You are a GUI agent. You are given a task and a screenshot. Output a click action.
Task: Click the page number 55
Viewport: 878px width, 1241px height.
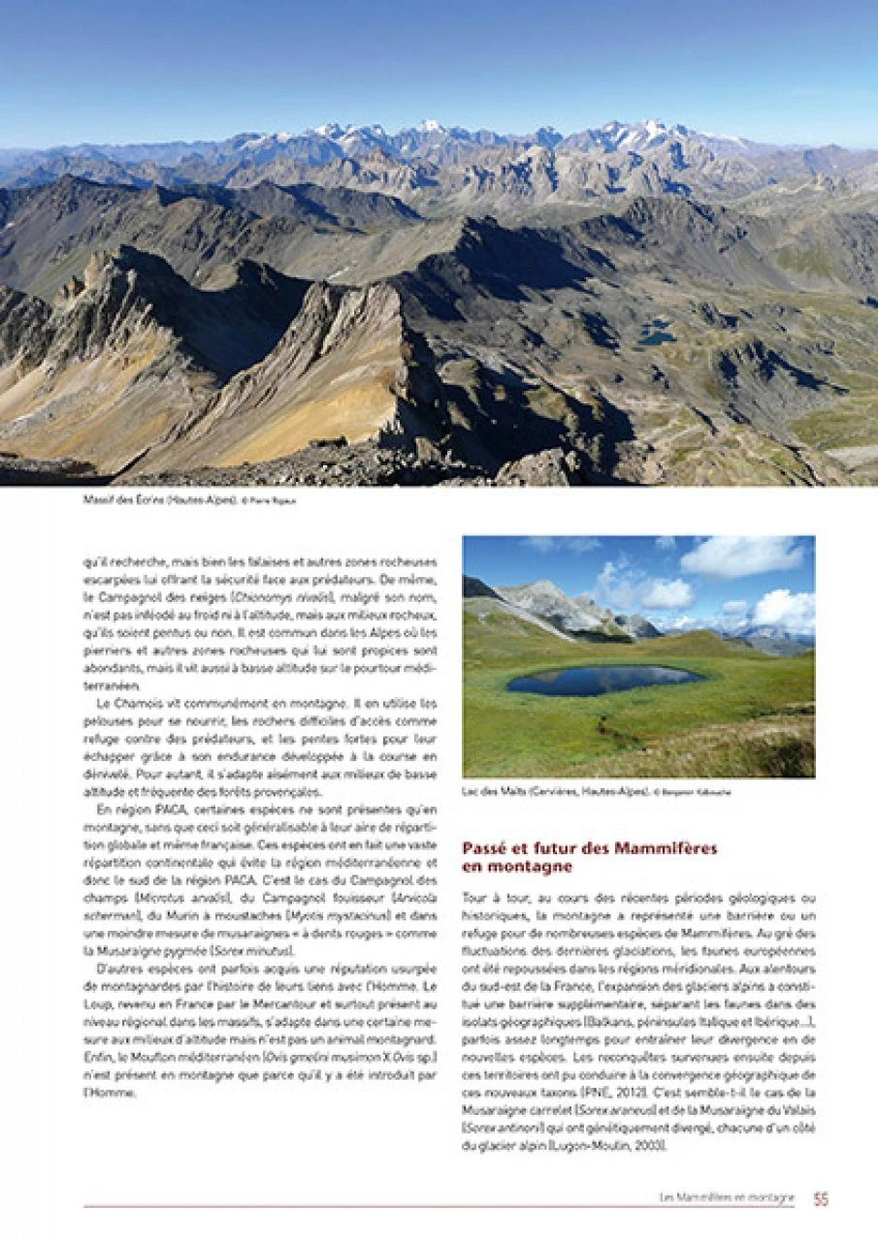821,1199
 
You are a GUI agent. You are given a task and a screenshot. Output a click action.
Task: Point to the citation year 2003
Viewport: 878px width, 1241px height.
646,1146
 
